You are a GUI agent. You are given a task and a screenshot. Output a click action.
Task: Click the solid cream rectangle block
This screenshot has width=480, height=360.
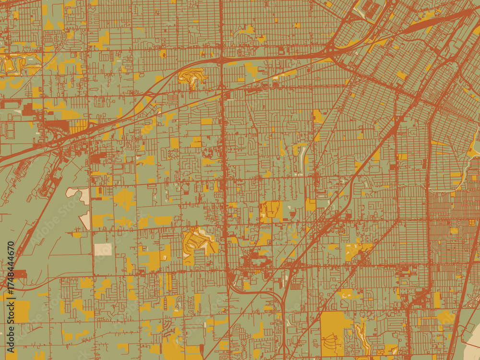[103, 249]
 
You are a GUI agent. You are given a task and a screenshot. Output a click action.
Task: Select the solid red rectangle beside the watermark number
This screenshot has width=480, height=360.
[19, 274]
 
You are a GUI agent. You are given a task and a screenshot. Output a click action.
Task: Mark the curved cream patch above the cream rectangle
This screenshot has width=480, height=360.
[79, 194]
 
